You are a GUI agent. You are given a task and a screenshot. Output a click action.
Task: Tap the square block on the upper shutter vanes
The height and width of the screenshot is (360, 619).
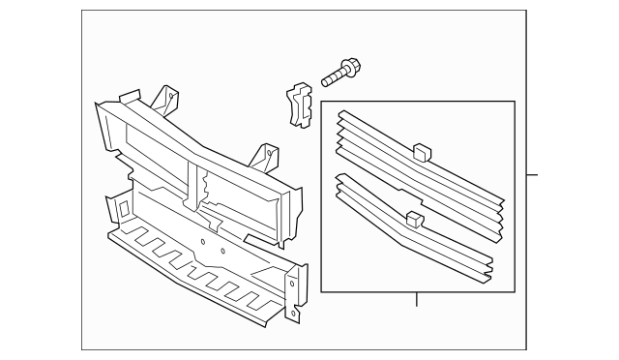click(x=420, y=150)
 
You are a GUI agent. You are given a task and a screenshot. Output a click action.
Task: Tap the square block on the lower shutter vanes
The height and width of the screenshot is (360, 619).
click(x=415, y=219)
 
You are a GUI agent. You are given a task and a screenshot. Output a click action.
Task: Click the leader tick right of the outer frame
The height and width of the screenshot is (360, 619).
click(x=532, y=176)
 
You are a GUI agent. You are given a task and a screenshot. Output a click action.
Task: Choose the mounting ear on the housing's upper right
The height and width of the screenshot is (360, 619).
click(x=265, y=155)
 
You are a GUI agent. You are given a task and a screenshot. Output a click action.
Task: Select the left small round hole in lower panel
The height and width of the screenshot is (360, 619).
click(x=202, y=240)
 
